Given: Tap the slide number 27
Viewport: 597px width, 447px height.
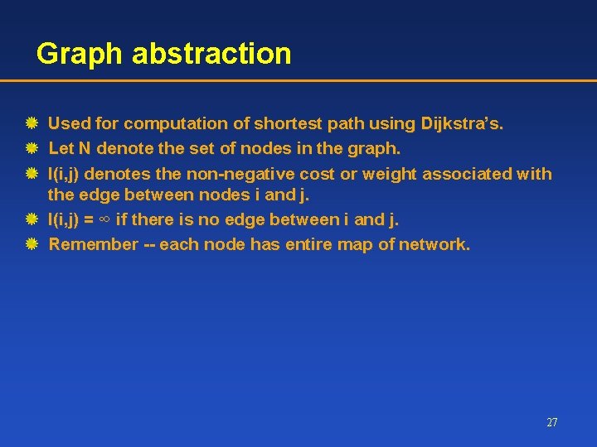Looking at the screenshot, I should click(552, 422).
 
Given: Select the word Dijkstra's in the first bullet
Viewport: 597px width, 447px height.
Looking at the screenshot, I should click(460, 124).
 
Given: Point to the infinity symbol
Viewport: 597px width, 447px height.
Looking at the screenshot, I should click(104, 220).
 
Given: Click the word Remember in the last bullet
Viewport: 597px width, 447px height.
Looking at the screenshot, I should click(93, 244).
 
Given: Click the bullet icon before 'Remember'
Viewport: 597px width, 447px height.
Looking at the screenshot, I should click(31, 244).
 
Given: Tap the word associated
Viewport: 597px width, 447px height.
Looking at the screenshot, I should click(469, 174).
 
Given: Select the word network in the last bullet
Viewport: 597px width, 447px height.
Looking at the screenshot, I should click(435, 244).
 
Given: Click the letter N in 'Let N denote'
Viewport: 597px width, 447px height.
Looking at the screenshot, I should click(85, 150).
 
